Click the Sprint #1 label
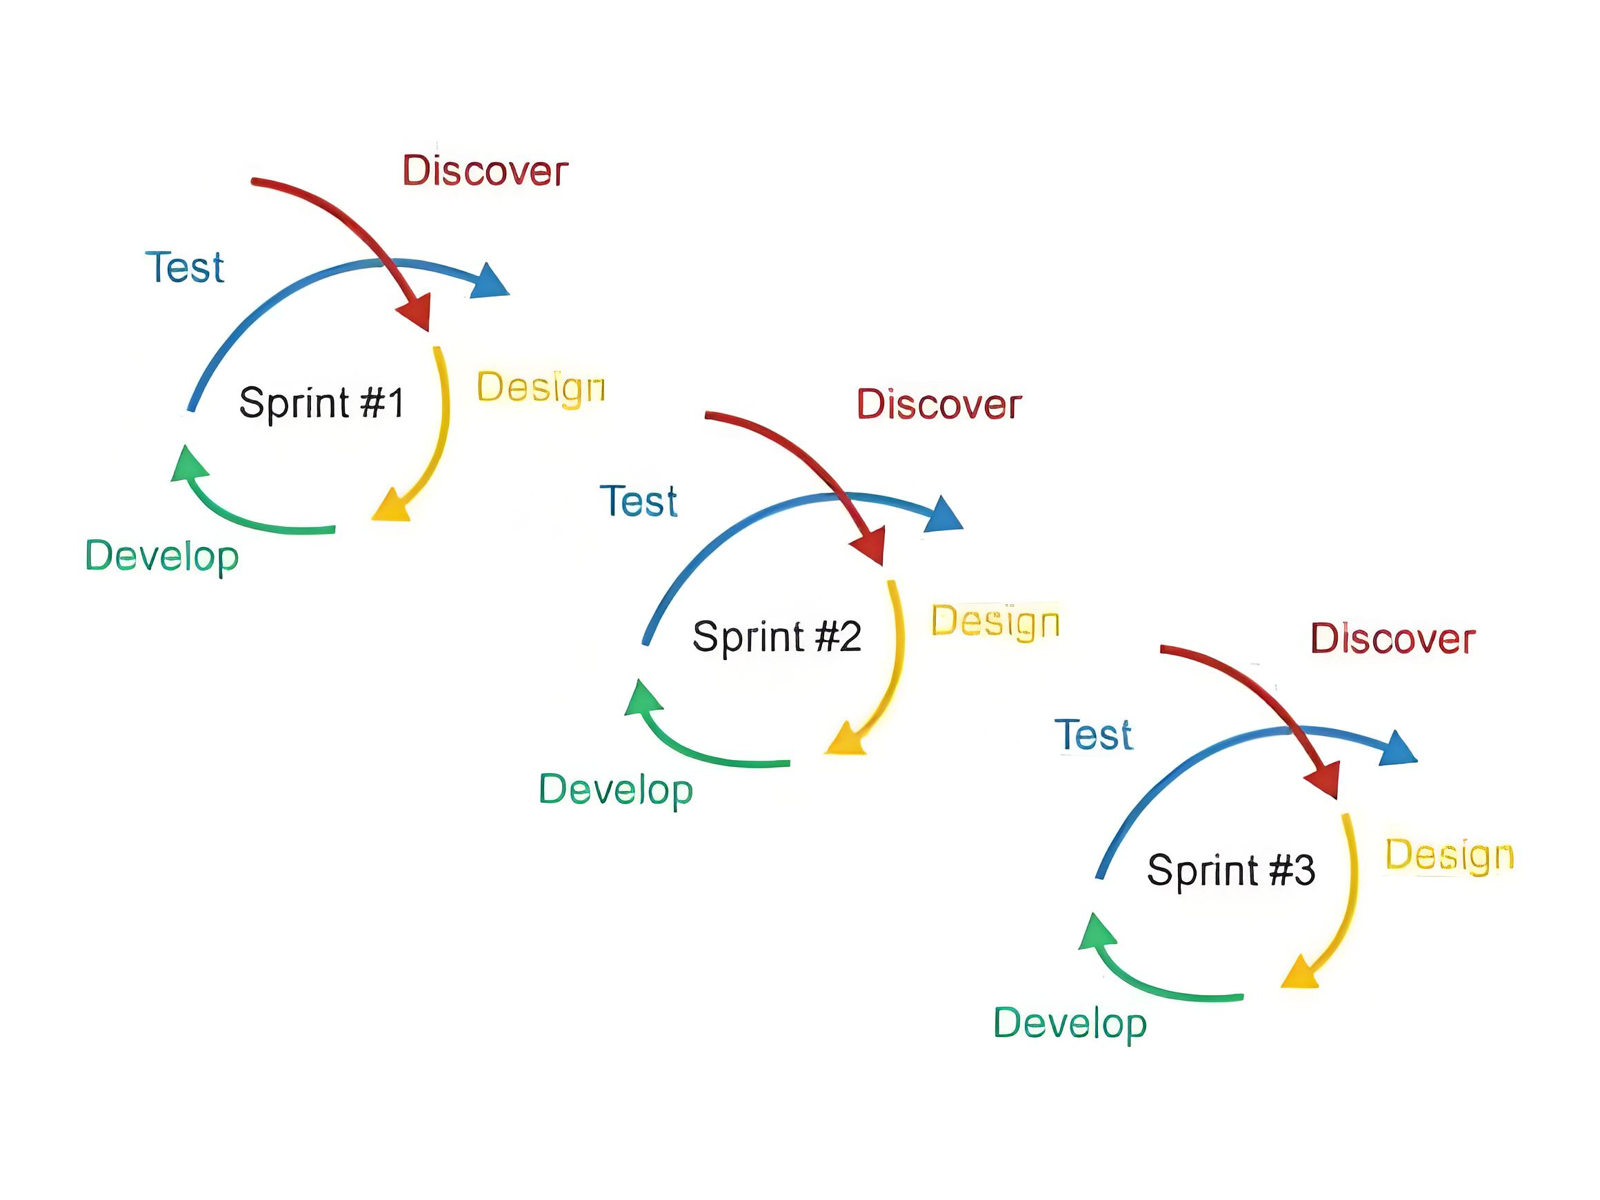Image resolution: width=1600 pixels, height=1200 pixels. tap(321, 402)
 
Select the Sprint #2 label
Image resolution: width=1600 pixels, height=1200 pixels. tap(776, 636)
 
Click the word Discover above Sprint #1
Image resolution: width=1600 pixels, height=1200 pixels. tap(485, 171)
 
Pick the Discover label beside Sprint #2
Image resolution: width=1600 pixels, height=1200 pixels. tap(939, 404)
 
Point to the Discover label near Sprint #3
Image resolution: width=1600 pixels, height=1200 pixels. tap(1392, 639)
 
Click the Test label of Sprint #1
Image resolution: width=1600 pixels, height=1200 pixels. tap(185, 267)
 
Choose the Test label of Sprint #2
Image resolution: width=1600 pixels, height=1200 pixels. tap(639, 501)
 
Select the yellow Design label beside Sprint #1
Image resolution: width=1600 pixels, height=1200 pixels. tap(540, 388)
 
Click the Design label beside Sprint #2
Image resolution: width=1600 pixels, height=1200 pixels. tap(994, 621)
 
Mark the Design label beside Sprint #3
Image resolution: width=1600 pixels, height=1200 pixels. tap(1449, 855)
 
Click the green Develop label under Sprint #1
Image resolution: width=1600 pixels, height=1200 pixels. tap(162, 557)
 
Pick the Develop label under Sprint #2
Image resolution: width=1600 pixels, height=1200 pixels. tap(616, 790)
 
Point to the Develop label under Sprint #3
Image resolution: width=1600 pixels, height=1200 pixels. tap(1070, 1023)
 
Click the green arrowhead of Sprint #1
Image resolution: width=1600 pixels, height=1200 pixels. tap(188, 464)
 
